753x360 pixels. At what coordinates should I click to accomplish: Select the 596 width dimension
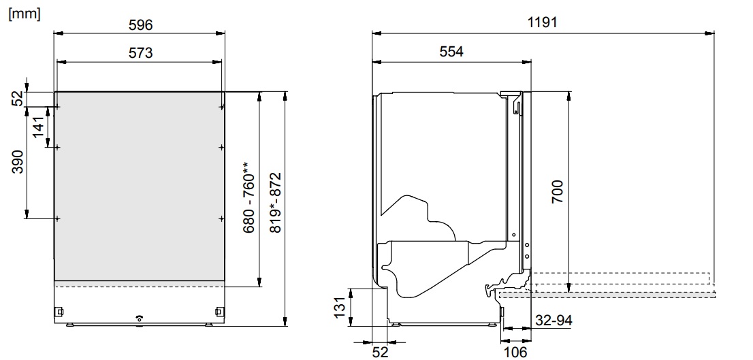140,24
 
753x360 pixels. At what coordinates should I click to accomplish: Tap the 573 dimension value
140,52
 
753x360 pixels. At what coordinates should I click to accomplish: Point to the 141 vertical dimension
39,127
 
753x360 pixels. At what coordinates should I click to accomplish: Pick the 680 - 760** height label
249,197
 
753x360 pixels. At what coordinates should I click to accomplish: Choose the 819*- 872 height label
276,203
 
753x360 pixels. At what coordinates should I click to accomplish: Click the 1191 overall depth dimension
543,22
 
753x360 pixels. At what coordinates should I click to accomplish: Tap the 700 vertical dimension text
557,193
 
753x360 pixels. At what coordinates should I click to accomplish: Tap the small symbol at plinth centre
140,318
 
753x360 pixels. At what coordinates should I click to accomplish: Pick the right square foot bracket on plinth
218,312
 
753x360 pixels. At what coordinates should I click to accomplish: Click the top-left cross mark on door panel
58,107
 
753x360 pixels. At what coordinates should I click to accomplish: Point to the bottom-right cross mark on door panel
222,218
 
